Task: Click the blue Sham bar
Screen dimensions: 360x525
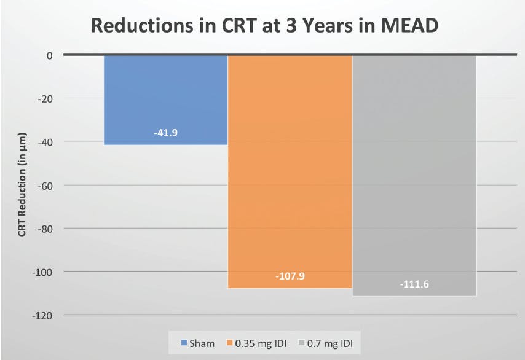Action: pos(166,98)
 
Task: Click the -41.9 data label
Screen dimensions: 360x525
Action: pos(166,132)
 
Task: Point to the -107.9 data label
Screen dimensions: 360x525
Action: pos(290,276)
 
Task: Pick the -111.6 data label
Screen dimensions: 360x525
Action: pos(414,284)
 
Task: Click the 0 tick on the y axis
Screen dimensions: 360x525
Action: pos(49,55)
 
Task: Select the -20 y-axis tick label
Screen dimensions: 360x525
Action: pos(45,98)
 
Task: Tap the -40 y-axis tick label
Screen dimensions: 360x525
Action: pos(45,142)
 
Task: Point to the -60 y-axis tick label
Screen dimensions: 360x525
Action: pos(45,185)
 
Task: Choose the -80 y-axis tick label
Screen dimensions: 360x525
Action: pos(45,229)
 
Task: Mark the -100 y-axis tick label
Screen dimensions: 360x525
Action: pos(42,272)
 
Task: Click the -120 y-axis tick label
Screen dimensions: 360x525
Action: pos(42,315)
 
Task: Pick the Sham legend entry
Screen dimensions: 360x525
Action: pos(198,343)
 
